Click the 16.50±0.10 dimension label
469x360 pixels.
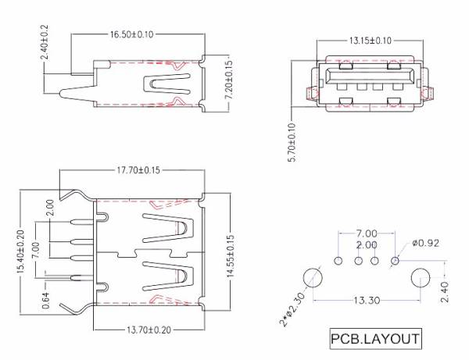click(x=132, y=34)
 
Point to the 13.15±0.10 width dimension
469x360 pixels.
click(x=370, y=41)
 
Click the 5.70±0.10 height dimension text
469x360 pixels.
click(x=292, y=142)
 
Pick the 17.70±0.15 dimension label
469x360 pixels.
click(x=138, y=170)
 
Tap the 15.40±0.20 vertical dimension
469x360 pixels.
click(x=20, y=251)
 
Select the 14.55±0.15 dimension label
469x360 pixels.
click(x=230, y=256)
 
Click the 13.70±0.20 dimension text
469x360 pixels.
click(x=149, y=330)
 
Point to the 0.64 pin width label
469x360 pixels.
click(x=45, y=300)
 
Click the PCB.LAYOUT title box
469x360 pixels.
click(x=376, y=339)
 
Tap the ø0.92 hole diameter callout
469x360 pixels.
click(x=426, y=243)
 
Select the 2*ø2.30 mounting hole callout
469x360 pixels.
click(x=292, y=309)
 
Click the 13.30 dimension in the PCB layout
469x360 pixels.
click(x=367, y=300)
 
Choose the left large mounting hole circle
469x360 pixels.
click(x=313, y=277)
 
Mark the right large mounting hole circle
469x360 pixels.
click(x=421, y=277)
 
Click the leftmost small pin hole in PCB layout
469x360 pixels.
click(x=338, y=261)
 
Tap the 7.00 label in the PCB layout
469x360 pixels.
click(x=367, y=233)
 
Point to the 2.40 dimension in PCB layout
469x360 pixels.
click(x=445, y=292)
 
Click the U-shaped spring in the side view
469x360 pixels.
click(x=166, y=84)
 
